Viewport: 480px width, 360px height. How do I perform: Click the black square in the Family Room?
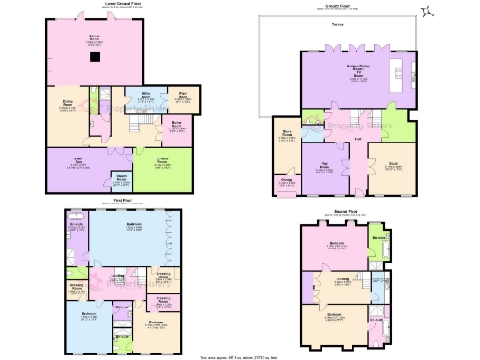[95, 54]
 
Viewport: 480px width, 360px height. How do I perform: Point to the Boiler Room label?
[177, 125]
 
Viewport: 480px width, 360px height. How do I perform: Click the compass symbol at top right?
[427, 11]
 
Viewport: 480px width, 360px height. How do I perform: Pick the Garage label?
[284, 181]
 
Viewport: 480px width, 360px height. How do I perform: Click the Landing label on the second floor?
[342, 278]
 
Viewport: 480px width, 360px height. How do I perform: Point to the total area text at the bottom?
[240, 356]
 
